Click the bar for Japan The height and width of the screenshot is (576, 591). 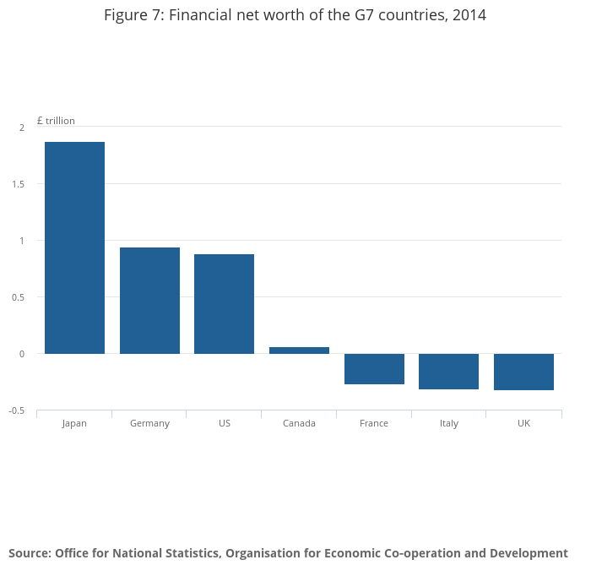click(x=74, y=247)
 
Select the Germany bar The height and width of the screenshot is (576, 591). click(x=149, y=301)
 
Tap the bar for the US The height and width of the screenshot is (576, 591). click(x=224, y=304)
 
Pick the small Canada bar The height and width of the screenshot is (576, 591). click(x=299, y=350)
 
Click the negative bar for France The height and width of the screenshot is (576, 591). click(x=374, y=369)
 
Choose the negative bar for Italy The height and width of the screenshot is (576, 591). click(x=448, y=372)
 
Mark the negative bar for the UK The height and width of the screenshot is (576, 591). click(x=523, y=372)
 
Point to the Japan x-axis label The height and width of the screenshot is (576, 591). click(x=74, y=423)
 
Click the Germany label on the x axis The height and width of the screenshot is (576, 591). click(x=149, y=423)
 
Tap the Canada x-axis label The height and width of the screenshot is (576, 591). click(x=299, y=423)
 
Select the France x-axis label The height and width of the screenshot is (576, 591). click(x=374, y=423)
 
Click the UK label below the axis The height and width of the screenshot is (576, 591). click(x=523, y=423)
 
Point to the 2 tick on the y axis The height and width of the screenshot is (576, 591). click(x=22, y=128)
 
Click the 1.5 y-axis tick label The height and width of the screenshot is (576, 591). click(x=19, y=184)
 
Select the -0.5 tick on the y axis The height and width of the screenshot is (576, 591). click(x=17, y=410)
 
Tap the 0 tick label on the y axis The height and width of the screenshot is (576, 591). click(x=22, y=354)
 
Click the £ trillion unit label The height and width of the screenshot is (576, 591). click(x=56, y=121)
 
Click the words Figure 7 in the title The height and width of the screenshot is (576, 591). click(x=132, y=15)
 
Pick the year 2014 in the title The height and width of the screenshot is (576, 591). click(x=469, y=15)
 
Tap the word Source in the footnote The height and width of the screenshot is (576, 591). click(x=30, y=553)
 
